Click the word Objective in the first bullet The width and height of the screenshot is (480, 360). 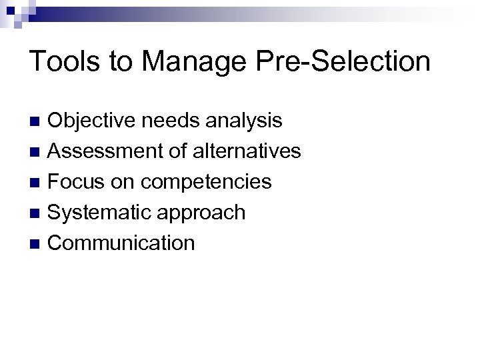91,121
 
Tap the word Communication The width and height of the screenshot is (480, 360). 122,243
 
